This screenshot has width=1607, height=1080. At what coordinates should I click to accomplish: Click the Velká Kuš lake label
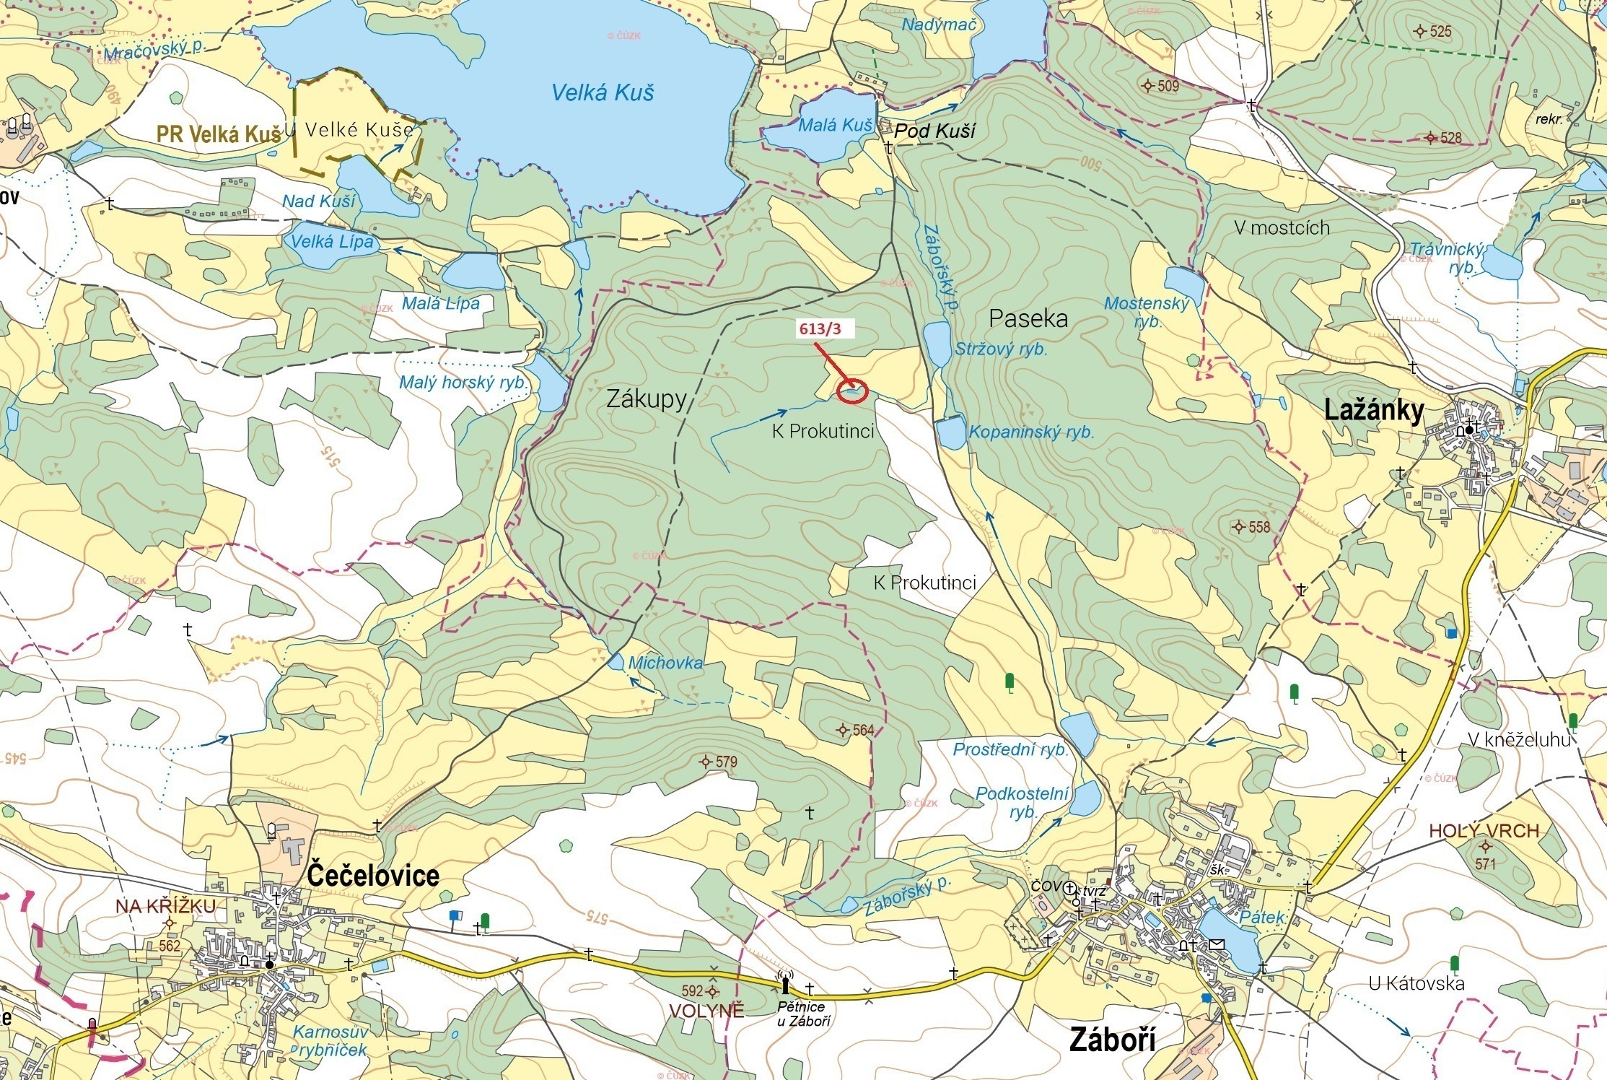pos(603,92)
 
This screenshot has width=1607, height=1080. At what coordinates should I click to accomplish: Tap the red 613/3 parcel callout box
pos(820,329)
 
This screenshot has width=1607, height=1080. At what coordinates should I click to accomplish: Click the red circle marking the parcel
pos(851,391)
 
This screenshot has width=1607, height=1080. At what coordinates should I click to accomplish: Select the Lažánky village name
pos(1374,410)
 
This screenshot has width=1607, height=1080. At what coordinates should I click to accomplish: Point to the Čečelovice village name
pos(373,875)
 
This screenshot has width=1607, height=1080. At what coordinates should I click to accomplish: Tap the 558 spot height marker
pos(1239,526)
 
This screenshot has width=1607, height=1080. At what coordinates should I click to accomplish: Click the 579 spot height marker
pos(706,762)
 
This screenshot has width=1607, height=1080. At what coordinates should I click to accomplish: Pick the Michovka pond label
pos(665,663)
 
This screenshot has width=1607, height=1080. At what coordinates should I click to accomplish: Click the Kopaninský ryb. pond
pos(950,433)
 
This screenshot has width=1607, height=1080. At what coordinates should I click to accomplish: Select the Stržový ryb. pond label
pos(1000,349)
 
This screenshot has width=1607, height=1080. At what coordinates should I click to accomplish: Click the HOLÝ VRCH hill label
pos(1484,831)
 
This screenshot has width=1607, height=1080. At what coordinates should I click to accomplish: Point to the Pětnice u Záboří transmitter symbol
pos(785,983)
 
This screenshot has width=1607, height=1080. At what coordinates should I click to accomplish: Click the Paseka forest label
pos(1028,318)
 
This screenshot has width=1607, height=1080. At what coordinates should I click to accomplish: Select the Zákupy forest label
pos(646,399)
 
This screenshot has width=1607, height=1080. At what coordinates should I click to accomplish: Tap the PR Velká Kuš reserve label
pos(219,134)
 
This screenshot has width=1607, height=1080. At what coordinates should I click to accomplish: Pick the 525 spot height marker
pos(1420,31)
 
